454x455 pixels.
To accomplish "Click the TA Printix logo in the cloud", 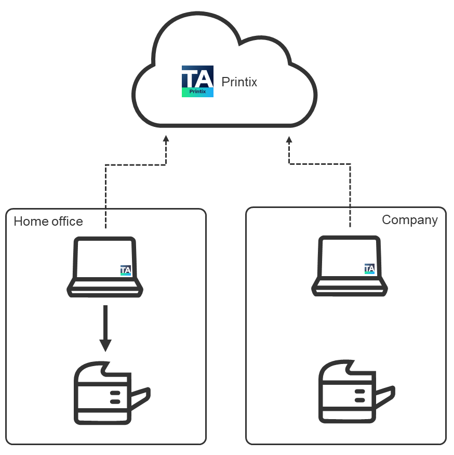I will click(x=197, y=81).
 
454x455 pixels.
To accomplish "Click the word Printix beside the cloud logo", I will click(x=239, y=82).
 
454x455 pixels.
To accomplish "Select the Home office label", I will click(x=48, y=222).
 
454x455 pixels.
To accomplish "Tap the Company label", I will click(x=409, y=220).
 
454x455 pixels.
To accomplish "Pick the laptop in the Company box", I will click(x=349, y=266).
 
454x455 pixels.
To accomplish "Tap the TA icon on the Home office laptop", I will click(x=126, y=270).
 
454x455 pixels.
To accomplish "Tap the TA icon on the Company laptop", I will click(x=369, y=269).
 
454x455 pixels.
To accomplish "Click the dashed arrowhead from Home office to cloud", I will click(x=166, y=139).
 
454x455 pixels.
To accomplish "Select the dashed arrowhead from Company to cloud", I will click(x=289, y=139).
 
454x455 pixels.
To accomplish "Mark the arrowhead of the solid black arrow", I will click(x=105, y=345).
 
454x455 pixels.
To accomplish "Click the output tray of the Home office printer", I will click(x=140, y=398).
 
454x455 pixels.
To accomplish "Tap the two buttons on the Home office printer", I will click(x=115, y=397).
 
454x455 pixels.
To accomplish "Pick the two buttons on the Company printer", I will click(x=359, y=396).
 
